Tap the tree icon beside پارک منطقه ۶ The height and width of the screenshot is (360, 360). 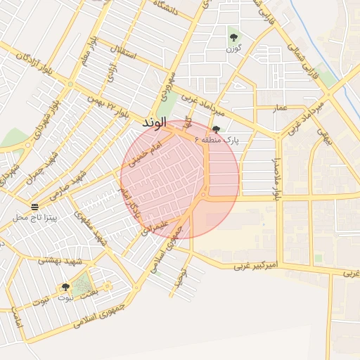pos(216,129)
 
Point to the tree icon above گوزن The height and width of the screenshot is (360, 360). pos(233,37)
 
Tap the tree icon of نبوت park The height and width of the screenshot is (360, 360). pos(65,287)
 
